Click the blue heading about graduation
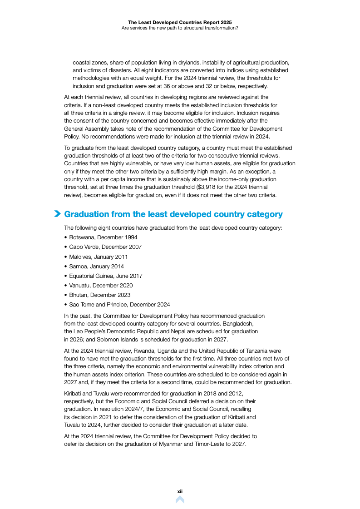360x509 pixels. tap(173, 214)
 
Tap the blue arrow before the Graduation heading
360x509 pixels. tap(58, 214)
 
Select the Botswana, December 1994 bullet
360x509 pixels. tap(103, 237)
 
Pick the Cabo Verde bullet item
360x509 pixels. tap(105, 247)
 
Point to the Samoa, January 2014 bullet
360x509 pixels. tap(96, 267)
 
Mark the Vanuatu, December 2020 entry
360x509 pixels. tap(101, 286)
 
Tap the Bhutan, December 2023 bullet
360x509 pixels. tap(99, 295)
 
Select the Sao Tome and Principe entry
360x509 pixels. tap(119, 305)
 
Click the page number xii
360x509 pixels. tap(180, 491)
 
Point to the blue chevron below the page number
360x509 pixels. tap(180, 499)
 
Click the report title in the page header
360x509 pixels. tap(180, 22)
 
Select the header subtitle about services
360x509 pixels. tap(180, 28)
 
